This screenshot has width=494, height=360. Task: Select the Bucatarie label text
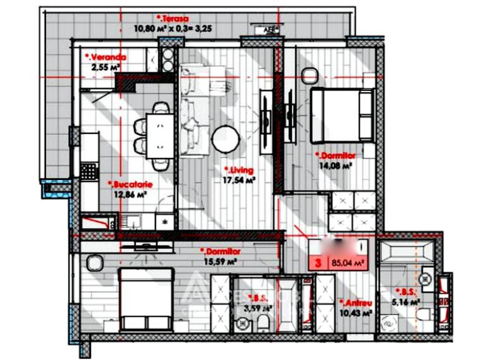(131, 184)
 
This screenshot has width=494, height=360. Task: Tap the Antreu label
(354, 303)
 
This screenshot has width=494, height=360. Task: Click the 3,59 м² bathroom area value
(258, 308)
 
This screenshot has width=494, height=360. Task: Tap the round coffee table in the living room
(226, 139)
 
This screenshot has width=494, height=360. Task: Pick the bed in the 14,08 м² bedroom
(342, 116)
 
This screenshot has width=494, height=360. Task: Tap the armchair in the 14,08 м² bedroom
(310, 76)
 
